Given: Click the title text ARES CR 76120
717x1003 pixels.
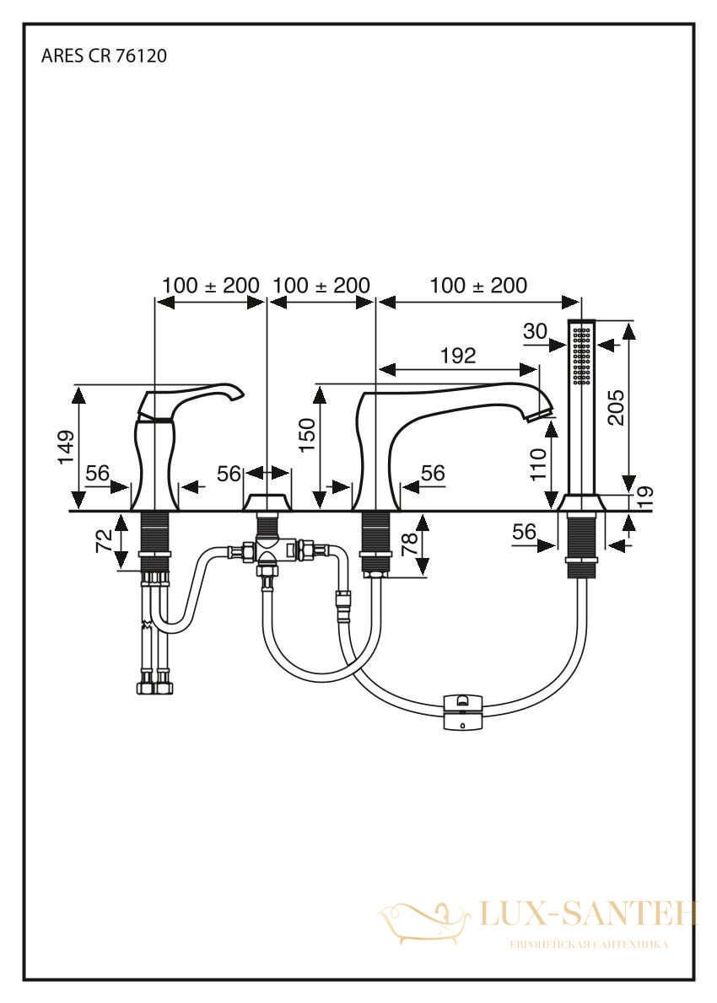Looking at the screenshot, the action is (104, 56).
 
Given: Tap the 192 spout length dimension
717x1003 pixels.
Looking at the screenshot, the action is (458, 356).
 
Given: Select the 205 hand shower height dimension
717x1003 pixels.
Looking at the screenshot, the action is (615, 406).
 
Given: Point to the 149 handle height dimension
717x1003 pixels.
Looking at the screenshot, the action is (67, 447).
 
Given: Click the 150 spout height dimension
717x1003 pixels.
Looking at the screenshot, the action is (307, 434).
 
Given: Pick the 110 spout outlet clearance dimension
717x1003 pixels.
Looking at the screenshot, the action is (538, 464).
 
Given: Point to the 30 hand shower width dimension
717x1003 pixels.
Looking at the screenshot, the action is (535, 330).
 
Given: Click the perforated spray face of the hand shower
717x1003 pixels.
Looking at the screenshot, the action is (582, 356).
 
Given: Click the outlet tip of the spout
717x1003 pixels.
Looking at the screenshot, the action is (538, 414).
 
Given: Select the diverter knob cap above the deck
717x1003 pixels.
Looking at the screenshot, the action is (267, 502).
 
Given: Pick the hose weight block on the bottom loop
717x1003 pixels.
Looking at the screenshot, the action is (463, 711).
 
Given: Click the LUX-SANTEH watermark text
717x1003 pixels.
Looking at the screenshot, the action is (588, 914).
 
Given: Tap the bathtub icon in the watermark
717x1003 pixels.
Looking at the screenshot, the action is (426, 921).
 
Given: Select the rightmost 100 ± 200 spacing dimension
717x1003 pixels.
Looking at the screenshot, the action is (478, 285).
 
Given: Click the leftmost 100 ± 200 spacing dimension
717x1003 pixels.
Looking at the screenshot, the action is (211, 285).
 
